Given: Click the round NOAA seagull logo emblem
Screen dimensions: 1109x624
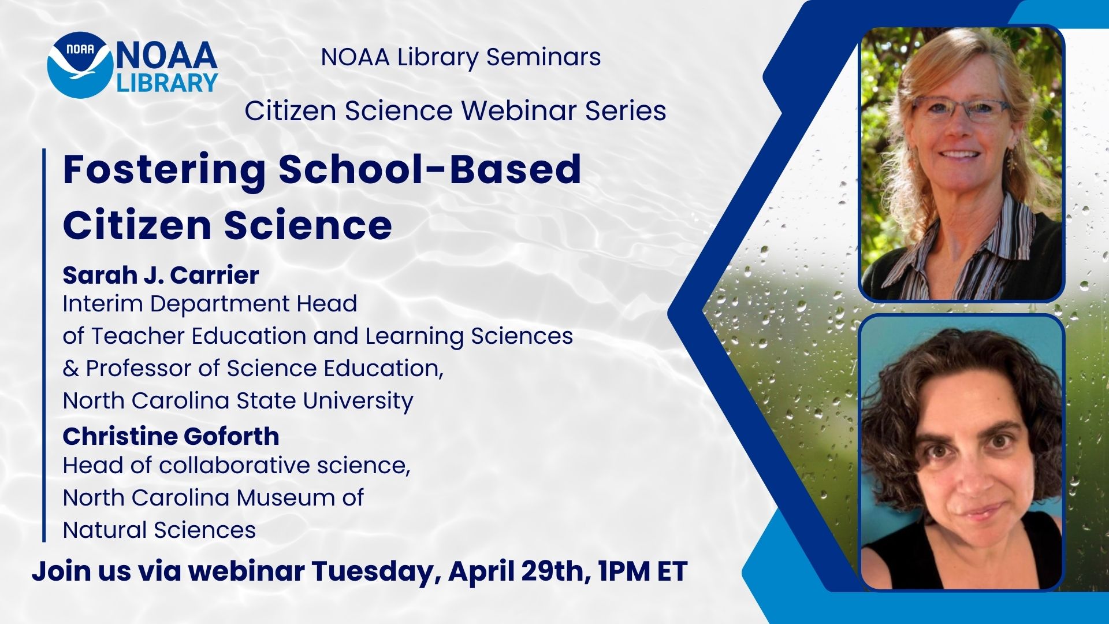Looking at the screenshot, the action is (80, 64).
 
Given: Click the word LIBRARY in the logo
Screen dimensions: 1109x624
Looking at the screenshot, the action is (167, 82).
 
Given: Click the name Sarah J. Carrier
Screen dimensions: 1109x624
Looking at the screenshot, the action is (161, 275).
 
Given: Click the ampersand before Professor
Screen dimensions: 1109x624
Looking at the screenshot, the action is (71, 368).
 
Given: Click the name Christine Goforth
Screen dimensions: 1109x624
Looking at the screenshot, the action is (171, 436).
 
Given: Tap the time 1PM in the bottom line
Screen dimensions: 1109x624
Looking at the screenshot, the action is (623, 571).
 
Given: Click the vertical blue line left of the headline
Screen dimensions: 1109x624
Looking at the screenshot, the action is (44, 345).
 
